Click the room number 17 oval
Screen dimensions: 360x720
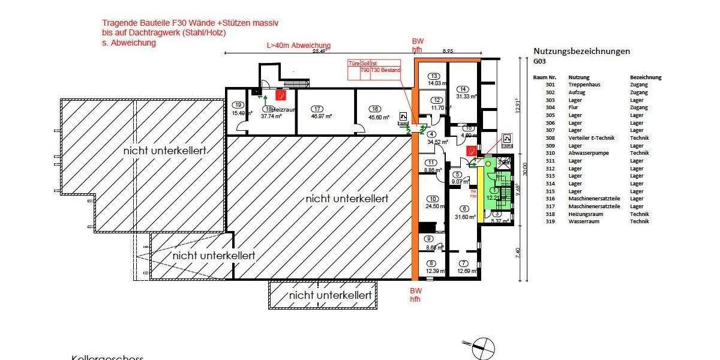point(317,109)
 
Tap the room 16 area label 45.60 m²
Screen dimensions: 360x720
point(376,117)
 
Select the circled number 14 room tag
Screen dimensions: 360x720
point(463,89)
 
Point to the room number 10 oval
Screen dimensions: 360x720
point(431,199)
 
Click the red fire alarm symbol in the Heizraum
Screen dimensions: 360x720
point(279,94)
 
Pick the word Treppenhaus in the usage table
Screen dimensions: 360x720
point(585,85)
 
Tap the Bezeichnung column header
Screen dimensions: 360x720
point(646,77)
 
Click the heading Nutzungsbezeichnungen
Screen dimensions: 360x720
point(581,51)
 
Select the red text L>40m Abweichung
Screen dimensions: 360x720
point(298,46)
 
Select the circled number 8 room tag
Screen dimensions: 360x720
point(431,263)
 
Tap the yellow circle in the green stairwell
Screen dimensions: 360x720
point(488,163)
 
